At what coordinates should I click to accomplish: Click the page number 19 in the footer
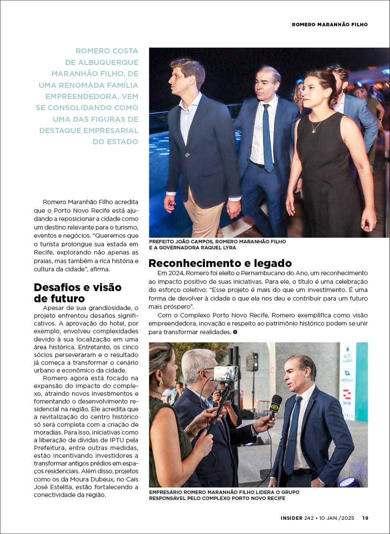click(365, 518)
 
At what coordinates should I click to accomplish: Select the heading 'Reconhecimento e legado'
click(220, 263)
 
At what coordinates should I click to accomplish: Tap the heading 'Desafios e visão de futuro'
click(77, 293)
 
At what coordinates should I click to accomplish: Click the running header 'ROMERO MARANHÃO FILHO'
click(330, 25)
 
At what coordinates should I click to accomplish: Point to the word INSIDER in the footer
click(291, 518)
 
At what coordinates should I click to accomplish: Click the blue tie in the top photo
click(267, 138)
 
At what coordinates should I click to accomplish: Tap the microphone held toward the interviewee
click(275, 405)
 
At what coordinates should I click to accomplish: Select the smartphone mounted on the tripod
click(226, 373)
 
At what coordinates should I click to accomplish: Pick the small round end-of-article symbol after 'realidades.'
click(235, 332)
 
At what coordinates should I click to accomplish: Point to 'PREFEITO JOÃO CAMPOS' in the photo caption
click(181, 242)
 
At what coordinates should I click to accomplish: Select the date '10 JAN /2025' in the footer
click(337, 518)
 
